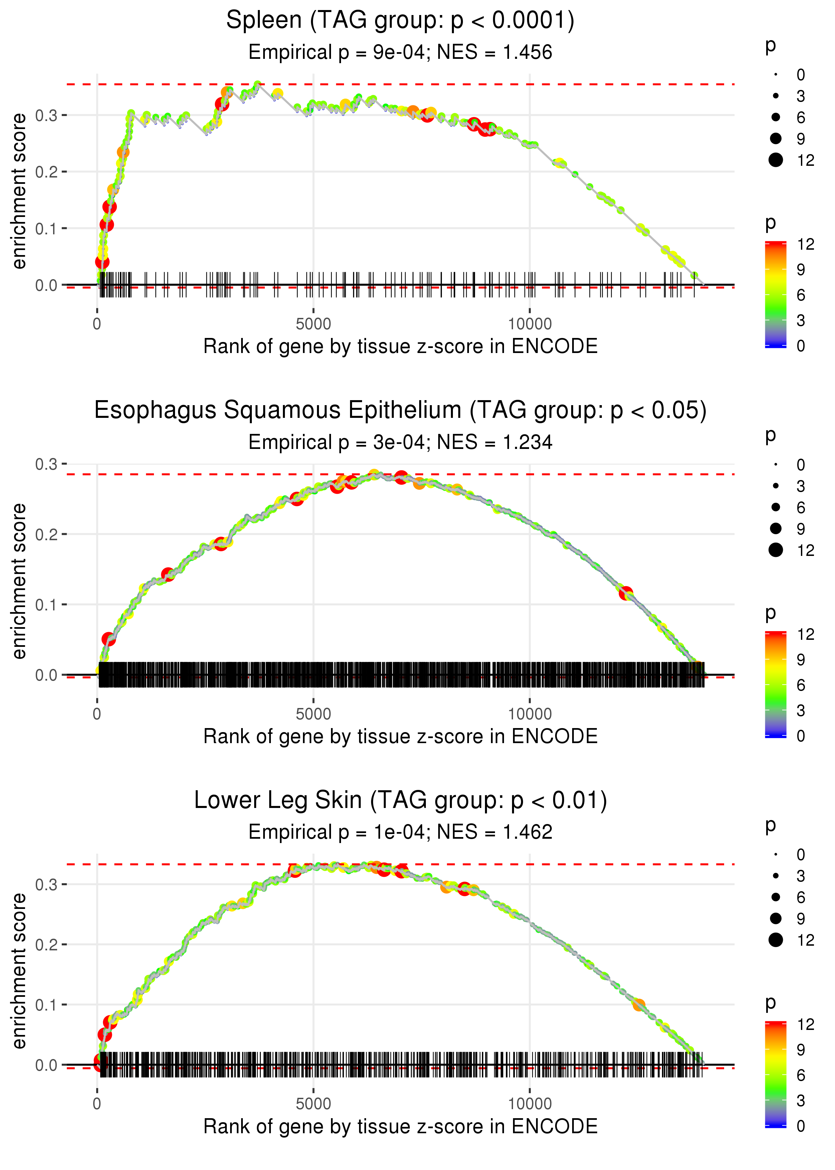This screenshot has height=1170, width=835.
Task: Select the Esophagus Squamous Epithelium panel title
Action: pyautogui.click(x=400, y=411)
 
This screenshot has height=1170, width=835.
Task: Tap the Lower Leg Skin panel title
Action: pyautogui.click(x=400, y=800)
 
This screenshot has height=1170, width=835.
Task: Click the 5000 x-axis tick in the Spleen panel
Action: pyautogui.click(x=313, y=324)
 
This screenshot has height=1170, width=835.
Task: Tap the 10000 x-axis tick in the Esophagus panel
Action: pyautogui.click(x=530, y=714)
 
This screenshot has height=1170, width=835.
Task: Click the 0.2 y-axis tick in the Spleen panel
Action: pyautogui.click(x=46, y=172)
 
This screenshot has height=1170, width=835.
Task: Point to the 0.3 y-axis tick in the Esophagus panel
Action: pyautogui.click(x=46, y=464)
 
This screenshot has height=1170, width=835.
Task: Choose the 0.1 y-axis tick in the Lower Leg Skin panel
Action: pyautogui.click(x=46, y=1004)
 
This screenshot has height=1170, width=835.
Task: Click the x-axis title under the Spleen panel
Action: pyautogui.click(x=400, y=346)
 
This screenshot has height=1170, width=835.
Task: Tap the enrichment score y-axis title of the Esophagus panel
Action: pyautogui.click(x=19, y=581)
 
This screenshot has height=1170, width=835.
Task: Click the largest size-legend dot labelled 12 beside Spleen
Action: pyautogui.click(x=775, y=160)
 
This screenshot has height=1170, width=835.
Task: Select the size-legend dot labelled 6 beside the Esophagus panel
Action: pyautogui.click(x=775, y=507)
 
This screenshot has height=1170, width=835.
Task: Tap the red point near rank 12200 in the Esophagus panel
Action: pyautogui.click(x=626, y=593)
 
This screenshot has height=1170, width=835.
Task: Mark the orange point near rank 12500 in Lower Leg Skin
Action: pyautogui.click(x=639, y=1005)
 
